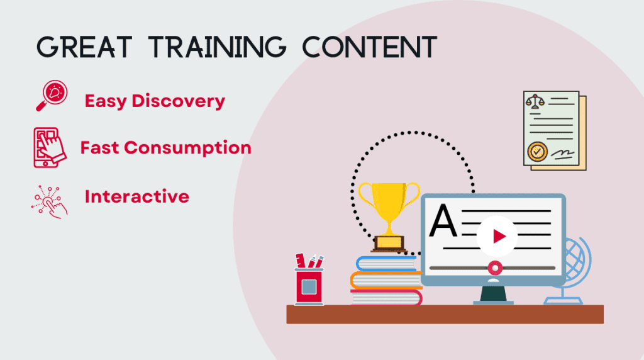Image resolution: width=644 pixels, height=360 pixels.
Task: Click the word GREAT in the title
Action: [84, 47]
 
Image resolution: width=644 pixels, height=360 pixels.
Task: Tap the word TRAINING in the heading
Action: [217, 47]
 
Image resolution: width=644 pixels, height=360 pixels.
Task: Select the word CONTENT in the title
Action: [370, 47]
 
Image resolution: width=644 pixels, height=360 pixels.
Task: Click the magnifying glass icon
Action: [52, 95]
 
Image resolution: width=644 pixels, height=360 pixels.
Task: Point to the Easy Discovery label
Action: [155, 101]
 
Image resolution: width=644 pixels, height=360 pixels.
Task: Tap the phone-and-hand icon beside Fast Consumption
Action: [49, 147]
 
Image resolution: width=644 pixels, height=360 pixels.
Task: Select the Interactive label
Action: [136, 196]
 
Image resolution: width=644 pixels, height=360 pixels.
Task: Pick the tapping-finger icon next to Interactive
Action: [49, 202]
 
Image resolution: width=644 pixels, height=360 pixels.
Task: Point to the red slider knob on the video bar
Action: [495, 268]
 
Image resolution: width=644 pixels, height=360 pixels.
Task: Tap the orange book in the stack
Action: [386, 280]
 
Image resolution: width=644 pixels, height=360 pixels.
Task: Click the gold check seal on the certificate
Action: [537, 152]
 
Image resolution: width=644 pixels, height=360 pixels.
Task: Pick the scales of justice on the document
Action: [535, 101]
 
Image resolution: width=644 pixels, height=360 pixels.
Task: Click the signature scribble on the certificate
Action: [563, 154]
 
